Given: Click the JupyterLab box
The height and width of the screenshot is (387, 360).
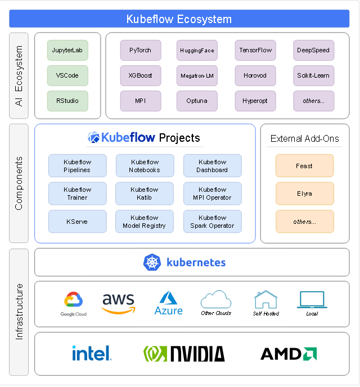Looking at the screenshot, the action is (x=67, y=51).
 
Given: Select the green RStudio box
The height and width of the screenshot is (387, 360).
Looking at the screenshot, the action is (x=67, y=101).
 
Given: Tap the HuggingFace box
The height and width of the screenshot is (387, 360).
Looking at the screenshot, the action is (x=197, y=51).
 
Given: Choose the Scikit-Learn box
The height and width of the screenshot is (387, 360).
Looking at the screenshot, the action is (x=314, y=75).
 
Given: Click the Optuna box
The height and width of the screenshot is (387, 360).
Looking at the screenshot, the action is (x=197, y=101).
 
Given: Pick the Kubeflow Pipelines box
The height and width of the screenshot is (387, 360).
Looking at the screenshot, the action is (x=78, y=166).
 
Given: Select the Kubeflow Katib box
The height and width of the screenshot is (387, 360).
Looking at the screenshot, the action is (x=145, y=193).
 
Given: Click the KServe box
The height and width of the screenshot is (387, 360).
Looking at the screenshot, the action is (x=78, y=222).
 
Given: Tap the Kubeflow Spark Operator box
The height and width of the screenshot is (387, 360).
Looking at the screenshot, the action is (x=213, y=222).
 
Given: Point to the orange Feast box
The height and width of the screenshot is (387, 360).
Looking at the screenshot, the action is (x=304, y=166).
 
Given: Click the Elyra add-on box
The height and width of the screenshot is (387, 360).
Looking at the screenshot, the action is (x=304, y=193).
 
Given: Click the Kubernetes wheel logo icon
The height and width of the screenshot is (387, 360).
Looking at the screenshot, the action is (x=152, y=262).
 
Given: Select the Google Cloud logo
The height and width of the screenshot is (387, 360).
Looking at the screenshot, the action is (x=74, y=304).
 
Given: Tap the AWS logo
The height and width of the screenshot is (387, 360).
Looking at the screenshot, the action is (x=119, y=304).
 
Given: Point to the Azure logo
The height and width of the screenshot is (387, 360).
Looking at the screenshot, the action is (x=169, y=303).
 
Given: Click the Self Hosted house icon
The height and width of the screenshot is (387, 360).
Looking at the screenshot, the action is (x=265, y=299).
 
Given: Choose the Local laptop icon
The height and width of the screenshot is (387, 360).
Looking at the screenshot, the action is (x=312, y=300).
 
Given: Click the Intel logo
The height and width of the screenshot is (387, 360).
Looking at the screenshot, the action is (x=92, y=353).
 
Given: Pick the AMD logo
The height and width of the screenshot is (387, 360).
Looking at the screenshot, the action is (x=289, y=354).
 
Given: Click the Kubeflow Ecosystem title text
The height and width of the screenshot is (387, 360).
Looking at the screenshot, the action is (x=179, y=19).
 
